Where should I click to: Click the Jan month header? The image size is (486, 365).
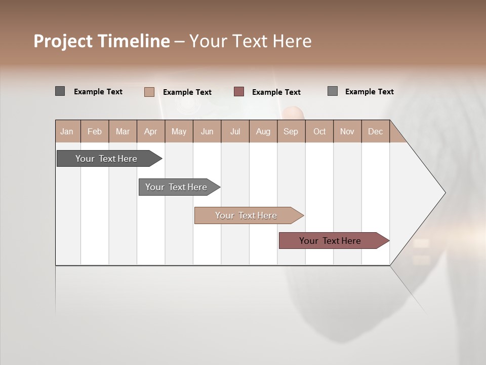click(67, 131)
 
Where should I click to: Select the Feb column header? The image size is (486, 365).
click(95, 131)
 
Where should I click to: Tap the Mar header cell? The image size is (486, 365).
click(123, 131)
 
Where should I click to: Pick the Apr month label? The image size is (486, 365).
click(151, 131)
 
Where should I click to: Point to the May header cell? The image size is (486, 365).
click(179, 131)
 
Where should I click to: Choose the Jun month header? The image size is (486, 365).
click(207, 131)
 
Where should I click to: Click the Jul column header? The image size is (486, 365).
click(235, 131)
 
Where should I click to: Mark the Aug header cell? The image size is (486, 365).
click(263, 131)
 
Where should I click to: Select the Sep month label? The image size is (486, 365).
click(291, 131)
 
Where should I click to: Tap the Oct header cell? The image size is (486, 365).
click(319, 131)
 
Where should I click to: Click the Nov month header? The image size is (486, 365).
click(347, 131)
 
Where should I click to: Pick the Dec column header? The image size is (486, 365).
click(375, 131)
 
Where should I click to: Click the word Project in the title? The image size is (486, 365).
click(63, 41)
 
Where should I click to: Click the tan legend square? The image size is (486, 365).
click(149, 92)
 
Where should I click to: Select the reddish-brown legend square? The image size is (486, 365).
click(239, 92)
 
